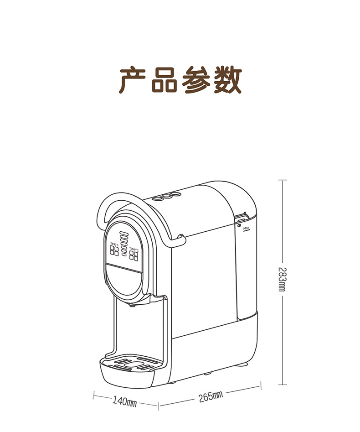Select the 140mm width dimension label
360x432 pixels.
pyautogui.click(x=124, y=401)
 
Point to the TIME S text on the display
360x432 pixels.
pyautogui.click(x=114, y=245)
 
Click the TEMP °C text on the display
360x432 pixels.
pyautogui.click(x=134, y=249)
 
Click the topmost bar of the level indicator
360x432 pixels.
pyautogui.click(x=124, y=233)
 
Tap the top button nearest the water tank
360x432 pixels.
pyautogui.click(x=173, y=195)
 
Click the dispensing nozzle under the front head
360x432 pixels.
pyautogui.click(x=132, y=306)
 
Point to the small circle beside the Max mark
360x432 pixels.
pyautogui.click(x=239, y=224)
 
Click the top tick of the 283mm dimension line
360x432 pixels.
pyautogui.click(x=283, y=180)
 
